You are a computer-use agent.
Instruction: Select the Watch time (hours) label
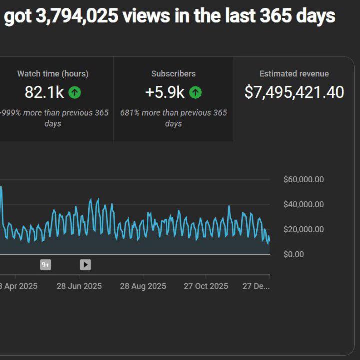pyautogui.click(x=53, y=74)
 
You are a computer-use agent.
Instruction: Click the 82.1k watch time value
pyautogui.click(x=44, y=92)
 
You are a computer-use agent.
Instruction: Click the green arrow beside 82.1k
pyautogui.click(x=75, y=92)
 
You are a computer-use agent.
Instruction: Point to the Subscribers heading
pyautogui.click(x=173, y=74)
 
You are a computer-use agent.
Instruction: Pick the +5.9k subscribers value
pyautogui.click(x=165, y=92)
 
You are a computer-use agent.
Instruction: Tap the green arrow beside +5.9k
pyautogui.click(x=195, y=92)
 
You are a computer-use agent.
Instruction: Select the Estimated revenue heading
pyautogui.click(x=294, y=74)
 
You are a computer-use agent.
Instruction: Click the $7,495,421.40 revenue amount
pyautogui.click(x=294, y=92)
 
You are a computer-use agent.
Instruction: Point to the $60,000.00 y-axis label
pyautogui.click(x=303, y=180)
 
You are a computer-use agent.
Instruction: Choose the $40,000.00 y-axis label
pyautogui.click(x=303, y=204)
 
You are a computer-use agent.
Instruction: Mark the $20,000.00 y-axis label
pyautogui.click(x=303, y=229)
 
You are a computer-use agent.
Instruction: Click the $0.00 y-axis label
pyautogui.click(x=293, y=254)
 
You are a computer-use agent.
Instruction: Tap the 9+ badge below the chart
pyautogui.click(x=46, y=265)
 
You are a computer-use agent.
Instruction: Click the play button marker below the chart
pyautogui.click(x=85, y=265)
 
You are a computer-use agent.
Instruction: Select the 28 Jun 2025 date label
pyautogui.click(x=79, y=286)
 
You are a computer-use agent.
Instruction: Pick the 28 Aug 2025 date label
pyautogui.click(x=143, y=286)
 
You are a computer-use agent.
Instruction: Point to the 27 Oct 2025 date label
pyautogui.click(x=206, y=286)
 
